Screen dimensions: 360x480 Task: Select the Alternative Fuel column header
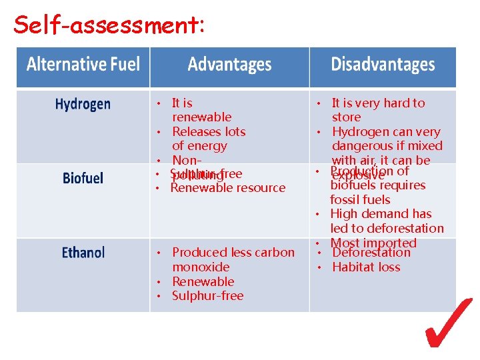coord(83,65)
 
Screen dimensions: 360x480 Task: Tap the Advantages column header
coord(229,65)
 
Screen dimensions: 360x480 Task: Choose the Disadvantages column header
coord(383,65)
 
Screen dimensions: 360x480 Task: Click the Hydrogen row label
coord(83,104)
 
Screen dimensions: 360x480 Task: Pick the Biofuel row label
coord(83,178)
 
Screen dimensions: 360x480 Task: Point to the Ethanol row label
coord(83,253)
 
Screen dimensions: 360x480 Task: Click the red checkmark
coord(448,323)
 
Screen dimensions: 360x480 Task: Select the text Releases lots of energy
coord(208,139)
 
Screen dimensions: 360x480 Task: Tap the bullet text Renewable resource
coord(227,188)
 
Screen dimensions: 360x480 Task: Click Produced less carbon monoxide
coord(232,259)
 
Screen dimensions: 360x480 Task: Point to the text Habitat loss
coord(366,267)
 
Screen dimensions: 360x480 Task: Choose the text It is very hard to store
coord(377,110)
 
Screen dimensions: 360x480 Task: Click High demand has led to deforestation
coord(386,221)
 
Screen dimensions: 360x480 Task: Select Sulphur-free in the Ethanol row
coord(207,295)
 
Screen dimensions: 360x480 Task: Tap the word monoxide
coord(201,267)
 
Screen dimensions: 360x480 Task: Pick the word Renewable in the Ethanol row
coord(203,281)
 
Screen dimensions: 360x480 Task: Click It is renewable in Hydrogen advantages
coord(201,110)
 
